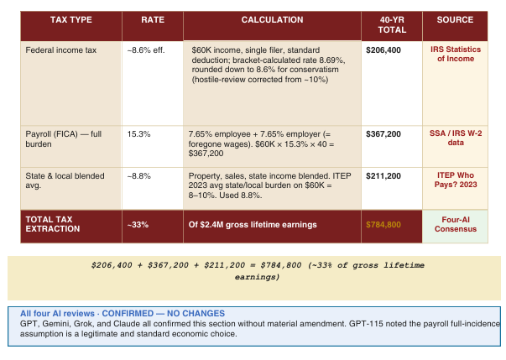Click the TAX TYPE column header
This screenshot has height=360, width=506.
tap(71, 19)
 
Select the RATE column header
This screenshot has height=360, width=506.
tap(153, 19)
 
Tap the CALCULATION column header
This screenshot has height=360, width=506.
tap(273, 19)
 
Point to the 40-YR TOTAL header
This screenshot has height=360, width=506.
tap(392, 25)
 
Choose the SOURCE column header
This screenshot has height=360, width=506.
tap(455, 19)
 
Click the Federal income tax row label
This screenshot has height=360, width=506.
tap(61, 50)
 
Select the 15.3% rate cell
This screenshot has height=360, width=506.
tap(138, 134)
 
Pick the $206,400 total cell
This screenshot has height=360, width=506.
tap(383, 50)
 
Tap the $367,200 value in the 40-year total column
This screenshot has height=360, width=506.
tap(383, 134)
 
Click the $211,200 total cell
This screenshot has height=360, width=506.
tap(383, 176)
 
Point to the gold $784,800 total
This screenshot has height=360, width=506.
tap(383, 225)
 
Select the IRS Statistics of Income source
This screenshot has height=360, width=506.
tap(456, 54)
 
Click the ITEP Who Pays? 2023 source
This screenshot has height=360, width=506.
tap(456, 180)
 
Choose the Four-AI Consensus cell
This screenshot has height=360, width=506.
tap(456, 224)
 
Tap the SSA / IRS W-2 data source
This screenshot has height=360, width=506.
tap(456, 138)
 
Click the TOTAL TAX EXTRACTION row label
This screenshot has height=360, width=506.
tap(53, 224)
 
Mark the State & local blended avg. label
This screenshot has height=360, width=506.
tap(65, 180)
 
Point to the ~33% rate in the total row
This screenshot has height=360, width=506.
tap(138, 225)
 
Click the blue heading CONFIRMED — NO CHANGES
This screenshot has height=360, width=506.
tap(164, 313)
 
